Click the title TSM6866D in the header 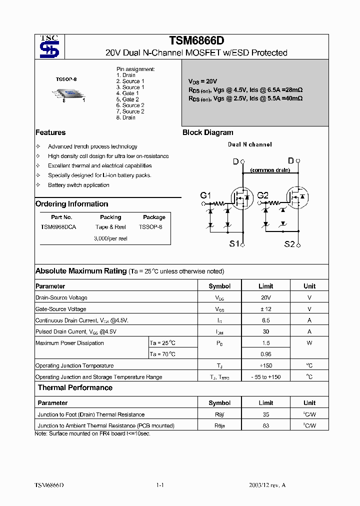tap(196, 41)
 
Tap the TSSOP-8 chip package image tap(69, 93)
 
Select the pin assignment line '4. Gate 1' tap(127, 93)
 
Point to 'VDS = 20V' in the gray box tap(202, 81)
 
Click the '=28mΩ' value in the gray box tap(292, 90)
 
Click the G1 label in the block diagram tap(206, 195)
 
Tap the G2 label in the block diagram tap(263, 195)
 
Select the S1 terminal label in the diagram tap(234, 244)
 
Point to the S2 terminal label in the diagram tap(289, 244)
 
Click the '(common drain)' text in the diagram tap(270, 170)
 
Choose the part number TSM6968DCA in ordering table tap(58, 227)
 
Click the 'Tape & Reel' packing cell tap(110, 227)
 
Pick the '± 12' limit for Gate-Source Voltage tap(265, 309)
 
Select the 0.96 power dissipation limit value tap(265, 354)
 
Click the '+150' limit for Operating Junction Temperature tap(265, 366)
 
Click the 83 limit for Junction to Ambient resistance tap(265, 426)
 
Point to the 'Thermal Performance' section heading tap(75, 388)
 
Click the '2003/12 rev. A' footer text tap(267, 485)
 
